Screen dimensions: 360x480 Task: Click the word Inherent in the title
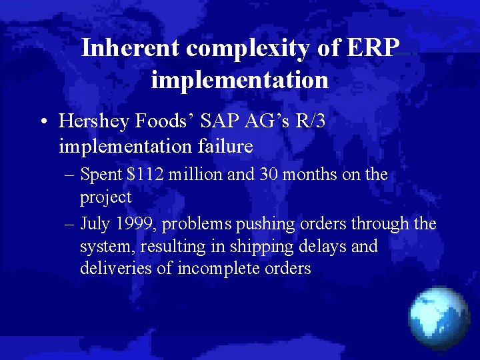[x=131, y=48]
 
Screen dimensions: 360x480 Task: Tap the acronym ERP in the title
[x=375, y=48]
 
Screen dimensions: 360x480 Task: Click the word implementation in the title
[x=239, y=80]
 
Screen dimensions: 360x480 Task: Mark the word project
[x=106, y=197]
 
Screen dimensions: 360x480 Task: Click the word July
[x=95, y=223]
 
